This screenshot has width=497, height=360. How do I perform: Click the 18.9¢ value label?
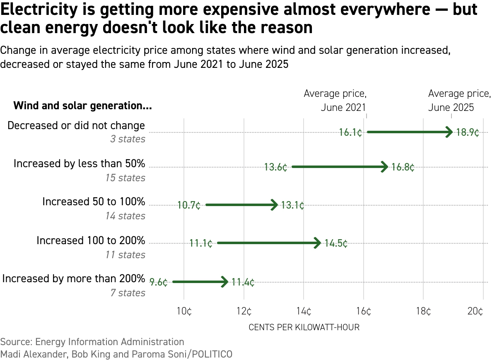pyautogui.click(x=468, y=133)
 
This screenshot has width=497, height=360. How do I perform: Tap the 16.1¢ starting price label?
pyautogui.click(x=350, y=133)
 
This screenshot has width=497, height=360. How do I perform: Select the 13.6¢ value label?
pyautogui.click(x=276, y=168)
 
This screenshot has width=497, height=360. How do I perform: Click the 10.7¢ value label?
pyautogui.click(x=189, y=206)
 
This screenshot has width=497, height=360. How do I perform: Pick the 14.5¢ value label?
pyautogui.click(x=336, y=243)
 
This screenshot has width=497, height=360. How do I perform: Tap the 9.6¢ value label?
pyautogui.click(x=159, y=283)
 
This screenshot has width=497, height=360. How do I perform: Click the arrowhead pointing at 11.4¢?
pyautogui.click(x=224, y=282)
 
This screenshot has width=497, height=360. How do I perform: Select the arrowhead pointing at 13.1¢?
pyautogui.click(x=274, y=205)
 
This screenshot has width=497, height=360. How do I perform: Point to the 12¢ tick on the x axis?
pyautogui.click(x=244, y=312)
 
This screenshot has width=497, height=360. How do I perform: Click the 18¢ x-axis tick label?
pyautogui.click(x=423, y=312)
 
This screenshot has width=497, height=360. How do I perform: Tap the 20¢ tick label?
pyautogui.click(x=475, y=312)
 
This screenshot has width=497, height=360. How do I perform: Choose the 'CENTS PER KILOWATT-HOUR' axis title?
pyautogui.click(x=304, y=327)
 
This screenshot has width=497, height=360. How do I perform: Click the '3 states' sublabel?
pyautogui.click(x=128, y=139)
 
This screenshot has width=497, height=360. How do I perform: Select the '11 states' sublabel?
pyautogui.click(x=125, y=255)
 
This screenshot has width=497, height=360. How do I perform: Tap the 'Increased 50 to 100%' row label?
pyautogui.click(x=94, y=202)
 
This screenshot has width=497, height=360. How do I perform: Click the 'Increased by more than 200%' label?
pyautogui.click(x=74, y=278)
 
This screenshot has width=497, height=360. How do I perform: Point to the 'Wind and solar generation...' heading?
pyautogui.click(x=82, y=106)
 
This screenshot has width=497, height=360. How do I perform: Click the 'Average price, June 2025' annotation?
pyautogui.click(x=459, y=101)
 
